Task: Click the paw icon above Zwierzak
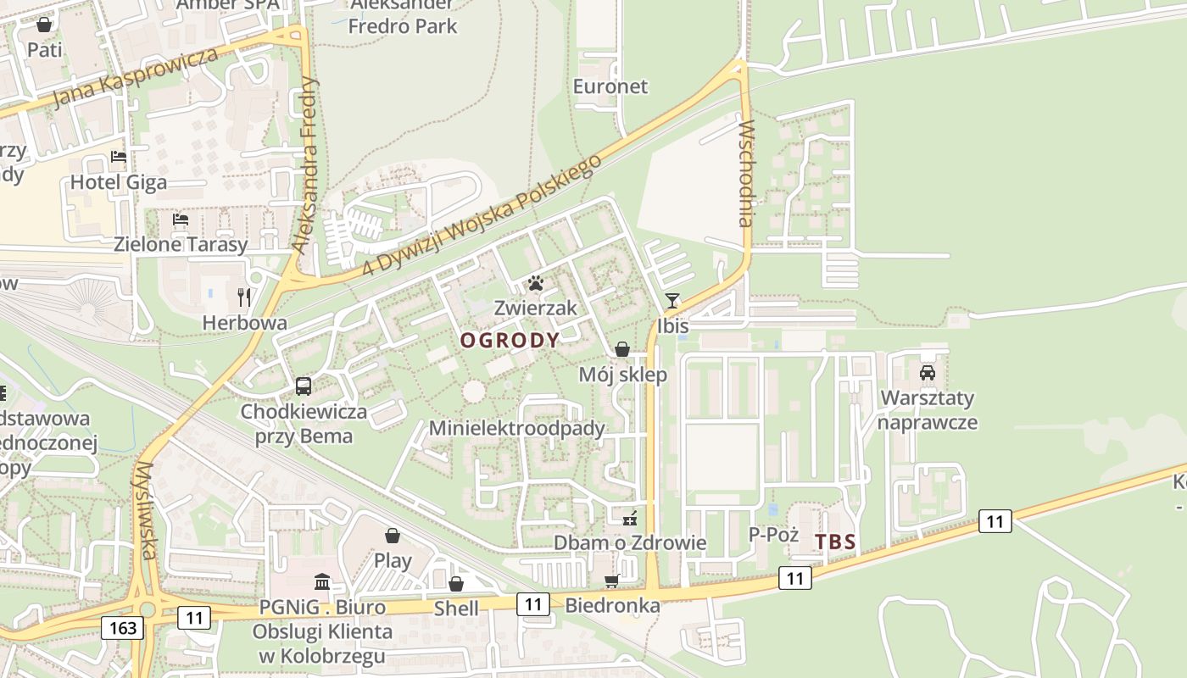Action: click(x=535, y=283)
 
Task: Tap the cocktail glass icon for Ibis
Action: click(x=672, y=301)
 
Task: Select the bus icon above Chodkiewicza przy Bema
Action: click(x=304, y=386)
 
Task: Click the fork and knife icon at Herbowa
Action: click(x=244, y=297)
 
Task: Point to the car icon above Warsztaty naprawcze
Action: click(x=928, y=373)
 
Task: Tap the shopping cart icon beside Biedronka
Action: click(x=611, y=581)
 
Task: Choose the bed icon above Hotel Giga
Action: click(x=119, y=157)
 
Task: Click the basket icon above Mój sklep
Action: click(x=622, y=349)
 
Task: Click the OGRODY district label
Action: click(x=510, y=341)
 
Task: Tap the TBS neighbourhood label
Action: click(x=835, y=542)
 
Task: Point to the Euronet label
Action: click(x=610, y=86)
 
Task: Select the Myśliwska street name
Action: click(x=146, y=510)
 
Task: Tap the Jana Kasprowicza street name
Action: click(x=136, y=78)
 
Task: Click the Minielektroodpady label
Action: click(x=517, y=428)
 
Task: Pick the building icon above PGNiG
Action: click(x=322, y=582)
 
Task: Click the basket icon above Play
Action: click(x=393, y=536)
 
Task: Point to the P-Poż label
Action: click(x=774, y=534)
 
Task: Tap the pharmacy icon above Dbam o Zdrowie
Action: click(x=629, y=518)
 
